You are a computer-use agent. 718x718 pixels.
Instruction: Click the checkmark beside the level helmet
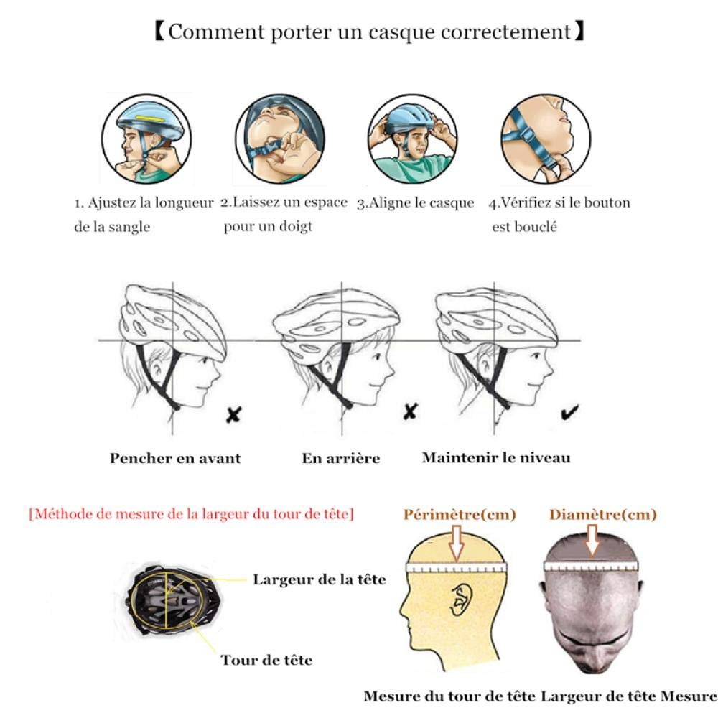point(571,412)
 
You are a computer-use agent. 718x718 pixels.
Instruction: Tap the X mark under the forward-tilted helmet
point(233,414)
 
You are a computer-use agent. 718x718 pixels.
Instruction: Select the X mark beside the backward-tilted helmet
point(410,411)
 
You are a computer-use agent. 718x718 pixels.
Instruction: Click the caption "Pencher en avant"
point(175,457)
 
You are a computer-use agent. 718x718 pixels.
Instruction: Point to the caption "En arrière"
point(341,457)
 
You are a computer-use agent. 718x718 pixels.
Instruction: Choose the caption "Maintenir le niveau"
point(496,457)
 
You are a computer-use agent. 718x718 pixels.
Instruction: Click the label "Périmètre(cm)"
point(460,515)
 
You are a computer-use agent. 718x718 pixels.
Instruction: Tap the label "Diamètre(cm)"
point(603,515)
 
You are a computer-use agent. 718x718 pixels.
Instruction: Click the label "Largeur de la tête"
point(319,579)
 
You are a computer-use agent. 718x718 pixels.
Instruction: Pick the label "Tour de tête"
point(266,660)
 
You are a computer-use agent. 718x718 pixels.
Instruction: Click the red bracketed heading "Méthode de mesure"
point(191,514)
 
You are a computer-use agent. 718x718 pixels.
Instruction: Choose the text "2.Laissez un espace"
point(284,202)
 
